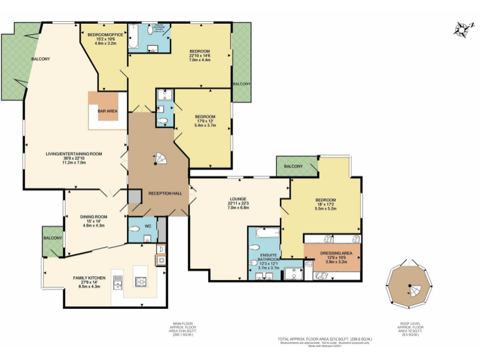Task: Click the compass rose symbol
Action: (461, 29)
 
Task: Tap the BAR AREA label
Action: (107, 111)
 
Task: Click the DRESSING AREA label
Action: (337, 253)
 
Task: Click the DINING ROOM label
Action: (94, 217)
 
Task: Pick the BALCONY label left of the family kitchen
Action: (52, 238)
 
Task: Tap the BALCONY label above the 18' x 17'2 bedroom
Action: (293, 166)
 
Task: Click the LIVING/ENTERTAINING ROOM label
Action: (74, 154)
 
